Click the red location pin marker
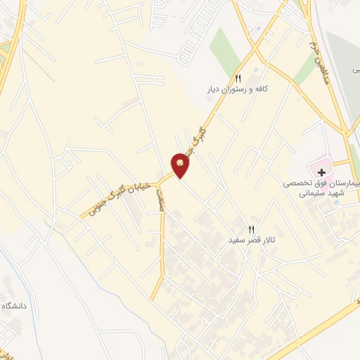181,166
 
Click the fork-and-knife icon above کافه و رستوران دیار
238,78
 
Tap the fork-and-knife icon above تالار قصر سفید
251,227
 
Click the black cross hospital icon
321,172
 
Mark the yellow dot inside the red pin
181,163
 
